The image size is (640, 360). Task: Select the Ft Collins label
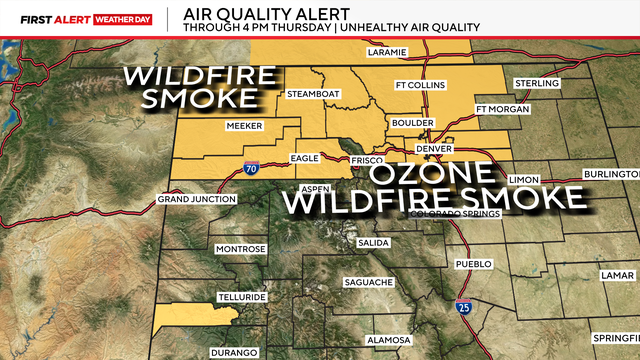pyautogui.click(x=419, y=84)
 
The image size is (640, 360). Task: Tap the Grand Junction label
pyautogui.click(x=197, y=200)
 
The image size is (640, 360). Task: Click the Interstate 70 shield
pyautogui.click(x=251, y=171)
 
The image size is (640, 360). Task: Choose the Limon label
pyautogui.click(x=523, y=179)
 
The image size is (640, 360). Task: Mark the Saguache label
pyautogui.click(x=368, y=282)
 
